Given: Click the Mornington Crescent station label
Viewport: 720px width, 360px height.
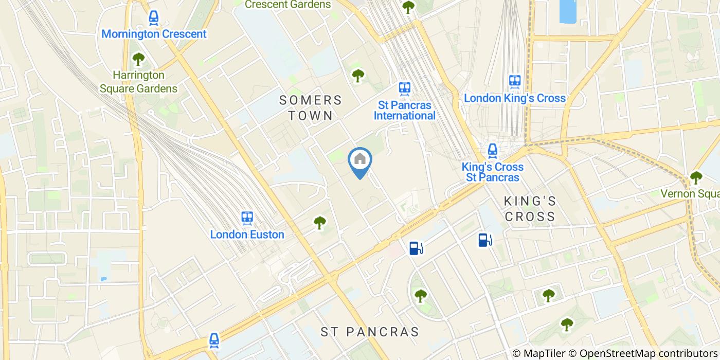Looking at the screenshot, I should click(154, 34).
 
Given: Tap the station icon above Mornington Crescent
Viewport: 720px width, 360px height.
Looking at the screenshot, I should click(153, 19).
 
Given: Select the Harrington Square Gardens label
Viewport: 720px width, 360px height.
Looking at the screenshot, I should click(138, 82).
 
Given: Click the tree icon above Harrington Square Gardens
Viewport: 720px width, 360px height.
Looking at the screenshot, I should click(138, 59).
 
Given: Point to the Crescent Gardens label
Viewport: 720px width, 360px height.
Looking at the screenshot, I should click(287, 5).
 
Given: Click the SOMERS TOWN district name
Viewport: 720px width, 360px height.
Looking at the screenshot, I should click(311, 107).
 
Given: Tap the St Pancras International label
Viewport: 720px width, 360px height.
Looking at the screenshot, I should click(404, 110).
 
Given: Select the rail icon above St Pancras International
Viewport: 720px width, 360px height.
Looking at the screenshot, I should click(404, 88).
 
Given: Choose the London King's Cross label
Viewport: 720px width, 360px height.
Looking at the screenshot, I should click(515, 98).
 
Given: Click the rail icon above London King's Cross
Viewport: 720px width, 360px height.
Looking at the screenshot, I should click(515, 81).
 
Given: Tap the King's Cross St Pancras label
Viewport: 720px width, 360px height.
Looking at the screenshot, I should click(492, 172).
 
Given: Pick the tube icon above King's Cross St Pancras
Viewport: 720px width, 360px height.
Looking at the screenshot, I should click(493, 150).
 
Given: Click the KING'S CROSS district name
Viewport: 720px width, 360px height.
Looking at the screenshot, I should click(530, 208).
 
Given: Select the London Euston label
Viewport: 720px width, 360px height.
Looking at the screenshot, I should click(247, 235).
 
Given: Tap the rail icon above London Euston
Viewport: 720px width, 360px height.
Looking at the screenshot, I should click(247, 218).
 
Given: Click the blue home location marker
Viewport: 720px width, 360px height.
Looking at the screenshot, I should click(360, 160).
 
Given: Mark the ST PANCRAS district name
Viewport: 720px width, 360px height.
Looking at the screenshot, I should click(377, 332).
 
